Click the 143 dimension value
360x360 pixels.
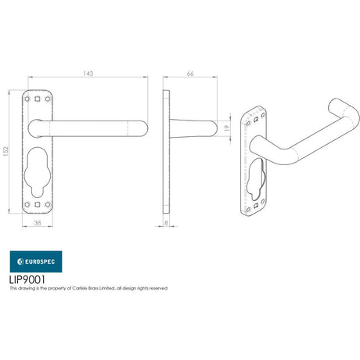[x=88, y=74]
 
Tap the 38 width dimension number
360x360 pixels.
[x=38, y=223]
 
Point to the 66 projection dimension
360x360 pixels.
[x=190, y=74]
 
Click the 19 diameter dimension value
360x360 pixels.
[x=227, y=127]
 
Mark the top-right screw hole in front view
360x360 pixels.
[x=46, y=100]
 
